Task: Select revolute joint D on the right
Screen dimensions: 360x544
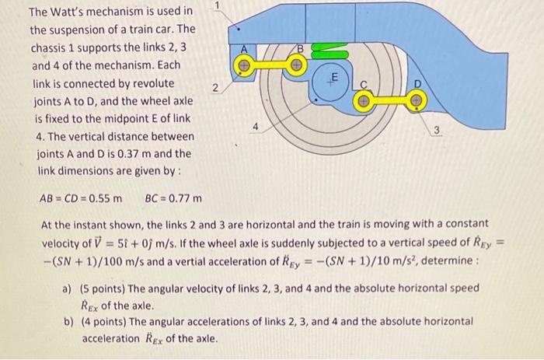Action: tap(417, 100)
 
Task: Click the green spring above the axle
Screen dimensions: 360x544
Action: tap(333, 51)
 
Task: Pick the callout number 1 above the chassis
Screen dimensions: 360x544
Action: tap(219, 6)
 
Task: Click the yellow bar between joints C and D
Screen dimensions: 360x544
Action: tap(389, 100)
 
